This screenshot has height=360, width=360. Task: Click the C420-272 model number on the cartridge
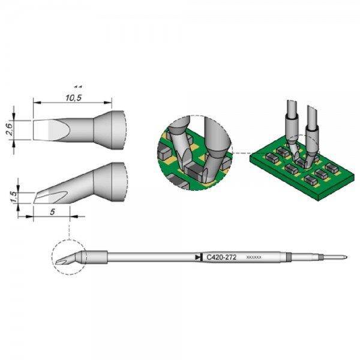[x=221, y=257]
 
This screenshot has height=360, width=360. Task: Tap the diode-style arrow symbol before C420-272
[x=199, y=257]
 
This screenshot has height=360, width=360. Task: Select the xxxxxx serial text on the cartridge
[x=254, y=257]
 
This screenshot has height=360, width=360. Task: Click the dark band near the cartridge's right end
[x=289, y=257]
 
